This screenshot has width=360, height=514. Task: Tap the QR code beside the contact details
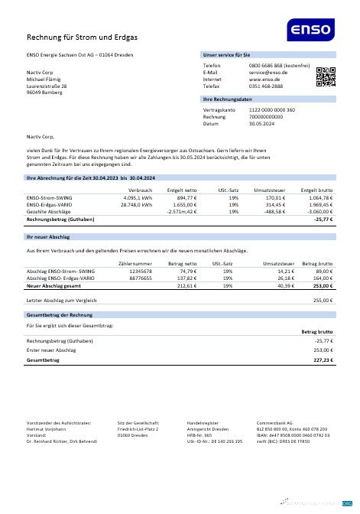click(x=326, y=77)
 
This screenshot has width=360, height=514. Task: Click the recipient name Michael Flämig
click(x=46, y=80)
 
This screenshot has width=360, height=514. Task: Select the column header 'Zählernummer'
click(x=135, y=263)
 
